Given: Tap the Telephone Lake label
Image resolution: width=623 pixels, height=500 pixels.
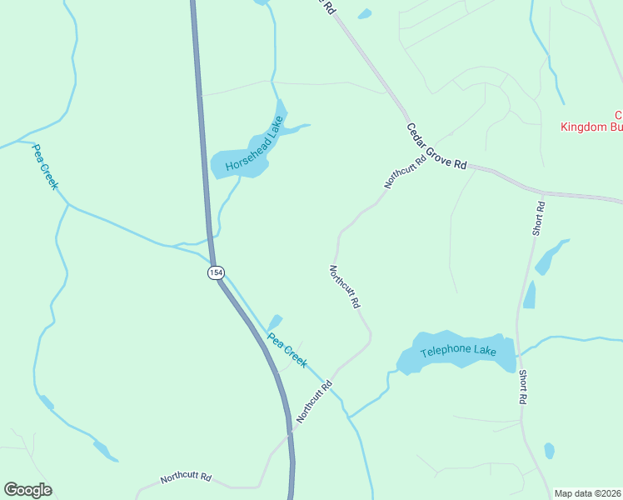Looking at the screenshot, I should [x=458, y=352].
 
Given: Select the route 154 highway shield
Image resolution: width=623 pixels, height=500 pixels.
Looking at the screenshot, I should [x=216, y=272].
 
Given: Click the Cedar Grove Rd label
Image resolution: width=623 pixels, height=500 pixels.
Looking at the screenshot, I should [x=436, y=147].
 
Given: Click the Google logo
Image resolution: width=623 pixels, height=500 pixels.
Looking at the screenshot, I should [x=27, y=490].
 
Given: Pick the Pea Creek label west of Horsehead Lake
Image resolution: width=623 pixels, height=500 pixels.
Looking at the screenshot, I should [x=44, y=167].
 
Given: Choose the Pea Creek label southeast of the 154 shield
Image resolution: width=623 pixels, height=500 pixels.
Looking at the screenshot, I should [x=287, y=351].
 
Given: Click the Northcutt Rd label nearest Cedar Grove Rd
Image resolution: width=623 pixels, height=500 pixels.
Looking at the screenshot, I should [x=405, y=170].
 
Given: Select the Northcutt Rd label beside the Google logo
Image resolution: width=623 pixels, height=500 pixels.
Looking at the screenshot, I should [x=186, y=478].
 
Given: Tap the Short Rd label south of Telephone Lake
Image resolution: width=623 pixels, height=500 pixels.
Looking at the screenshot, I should [x=523, y=387].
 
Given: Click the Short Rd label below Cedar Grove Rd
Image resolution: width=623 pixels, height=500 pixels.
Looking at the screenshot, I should [x=539, y=218].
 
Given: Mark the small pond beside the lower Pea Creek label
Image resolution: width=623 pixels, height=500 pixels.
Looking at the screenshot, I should [x=274, y=322].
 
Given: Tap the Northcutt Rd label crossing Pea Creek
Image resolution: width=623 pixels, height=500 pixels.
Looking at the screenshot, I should [x=313, y=400].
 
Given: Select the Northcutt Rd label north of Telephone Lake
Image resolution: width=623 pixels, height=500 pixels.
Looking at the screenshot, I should [x=344, y=287].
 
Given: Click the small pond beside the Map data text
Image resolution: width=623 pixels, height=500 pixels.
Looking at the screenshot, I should [x=549, y=451].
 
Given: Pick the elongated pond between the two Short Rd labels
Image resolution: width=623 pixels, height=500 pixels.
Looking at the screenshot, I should [x=530, y=294].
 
